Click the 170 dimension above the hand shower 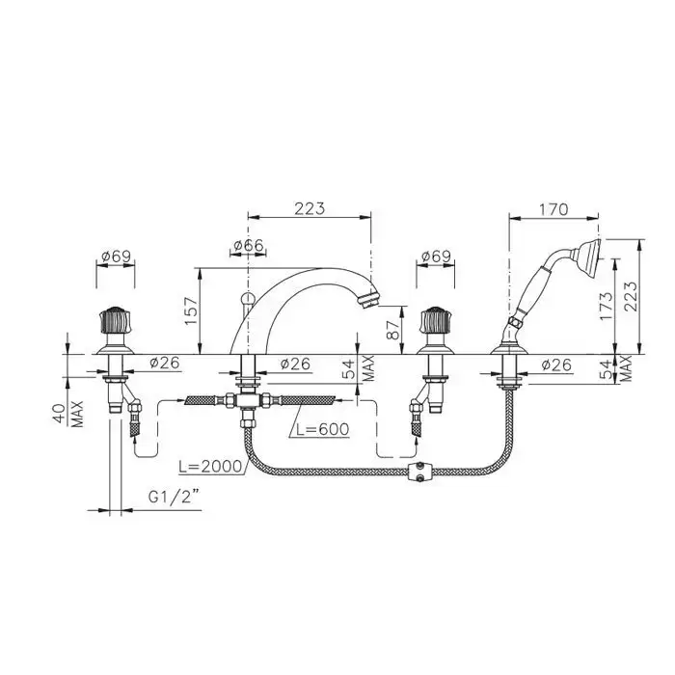(x=553, y=209)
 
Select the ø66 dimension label (x=249, y=245)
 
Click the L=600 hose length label (x=320, y=429)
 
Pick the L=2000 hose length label (x=210, y=467)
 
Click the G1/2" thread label (x=174, y=498)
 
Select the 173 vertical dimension (x=606, y=306)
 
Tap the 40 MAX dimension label (x=68, y=414)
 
